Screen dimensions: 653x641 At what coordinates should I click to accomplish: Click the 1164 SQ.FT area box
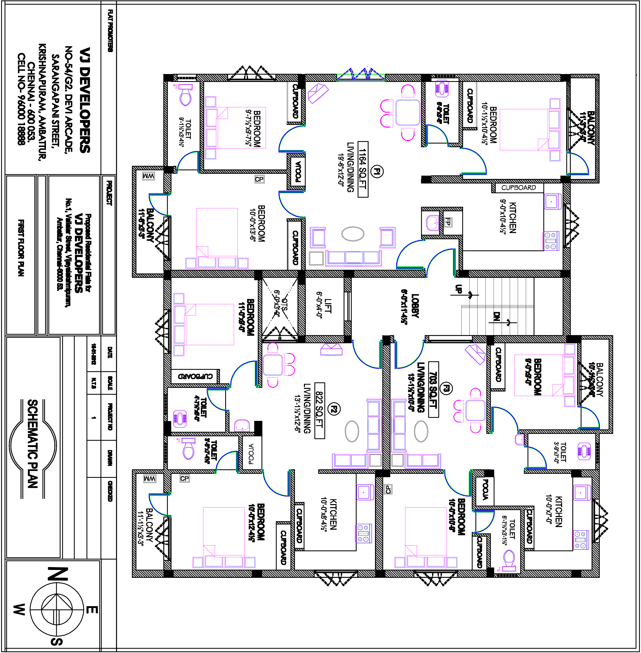point(363,169)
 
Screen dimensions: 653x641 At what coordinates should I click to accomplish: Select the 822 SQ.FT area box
point(320,411)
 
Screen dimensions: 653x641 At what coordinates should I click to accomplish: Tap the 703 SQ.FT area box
point(434,389)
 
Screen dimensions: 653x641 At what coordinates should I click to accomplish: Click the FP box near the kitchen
point(448,222)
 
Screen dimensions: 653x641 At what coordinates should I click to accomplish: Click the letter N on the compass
point(58,574)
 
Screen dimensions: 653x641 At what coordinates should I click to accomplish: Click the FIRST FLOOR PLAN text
point(21,248)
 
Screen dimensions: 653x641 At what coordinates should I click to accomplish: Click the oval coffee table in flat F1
point(353,234)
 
